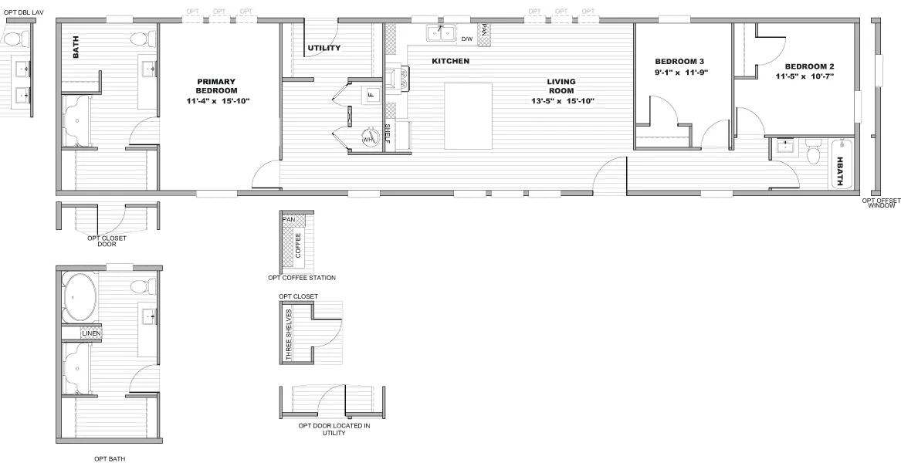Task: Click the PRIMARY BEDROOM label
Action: pos(215,86)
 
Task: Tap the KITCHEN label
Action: pos(450,61)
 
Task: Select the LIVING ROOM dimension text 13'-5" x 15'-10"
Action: pos(561,101)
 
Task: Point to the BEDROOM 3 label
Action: pos(679,62)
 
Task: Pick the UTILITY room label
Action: pos(324,49)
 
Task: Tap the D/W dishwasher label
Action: pos(467,39)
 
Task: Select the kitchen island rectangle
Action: pos(468,117)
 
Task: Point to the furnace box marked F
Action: pos(370,95)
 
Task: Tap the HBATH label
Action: pos(840,171)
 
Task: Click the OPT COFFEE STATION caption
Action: pos(301,278)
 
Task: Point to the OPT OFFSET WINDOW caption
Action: pos(881,204)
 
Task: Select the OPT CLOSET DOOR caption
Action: pos(107,242)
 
